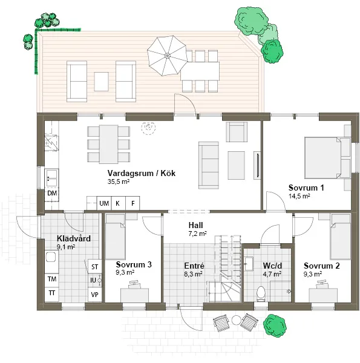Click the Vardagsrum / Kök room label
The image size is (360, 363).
(x=141, y=173)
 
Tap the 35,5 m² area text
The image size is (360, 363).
(x=119, y=181)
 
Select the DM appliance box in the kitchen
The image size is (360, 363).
(x=52, y=193)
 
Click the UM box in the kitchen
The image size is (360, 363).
(x=104, y=203)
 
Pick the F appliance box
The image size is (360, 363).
(x=133, y=203)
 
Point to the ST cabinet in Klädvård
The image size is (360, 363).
(x=94, y=267)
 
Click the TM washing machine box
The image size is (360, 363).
(x=52, y=279)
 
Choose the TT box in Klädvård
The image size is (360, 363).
(x=52, y=293)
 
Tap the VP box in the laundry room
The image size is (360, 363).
(x=94, y=295)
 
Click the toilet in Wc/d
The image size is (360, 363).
(x=261, y=293)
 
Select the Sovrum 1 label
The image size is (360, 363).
(x=306, y=188)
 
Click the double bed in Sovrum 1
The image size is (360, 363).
(x=322, y=158)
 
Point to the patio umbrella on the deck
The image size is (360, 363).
(x=167, y=56)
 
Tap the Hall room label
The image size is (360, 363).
(x=195, y=225)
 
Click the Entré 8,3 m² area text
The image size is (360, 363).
(x=194, y=274)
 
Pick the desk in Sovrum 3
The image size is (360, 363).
(x=134, y=295)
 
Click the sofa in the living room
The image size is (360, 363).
(x=208, y=165)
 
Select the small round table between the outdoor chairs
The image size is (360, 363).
(x=237, y=320)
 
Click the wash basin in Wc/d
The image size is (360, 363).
(x=249, y=263)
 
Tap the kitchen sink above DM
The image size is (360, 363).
(x=51, y=178)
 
